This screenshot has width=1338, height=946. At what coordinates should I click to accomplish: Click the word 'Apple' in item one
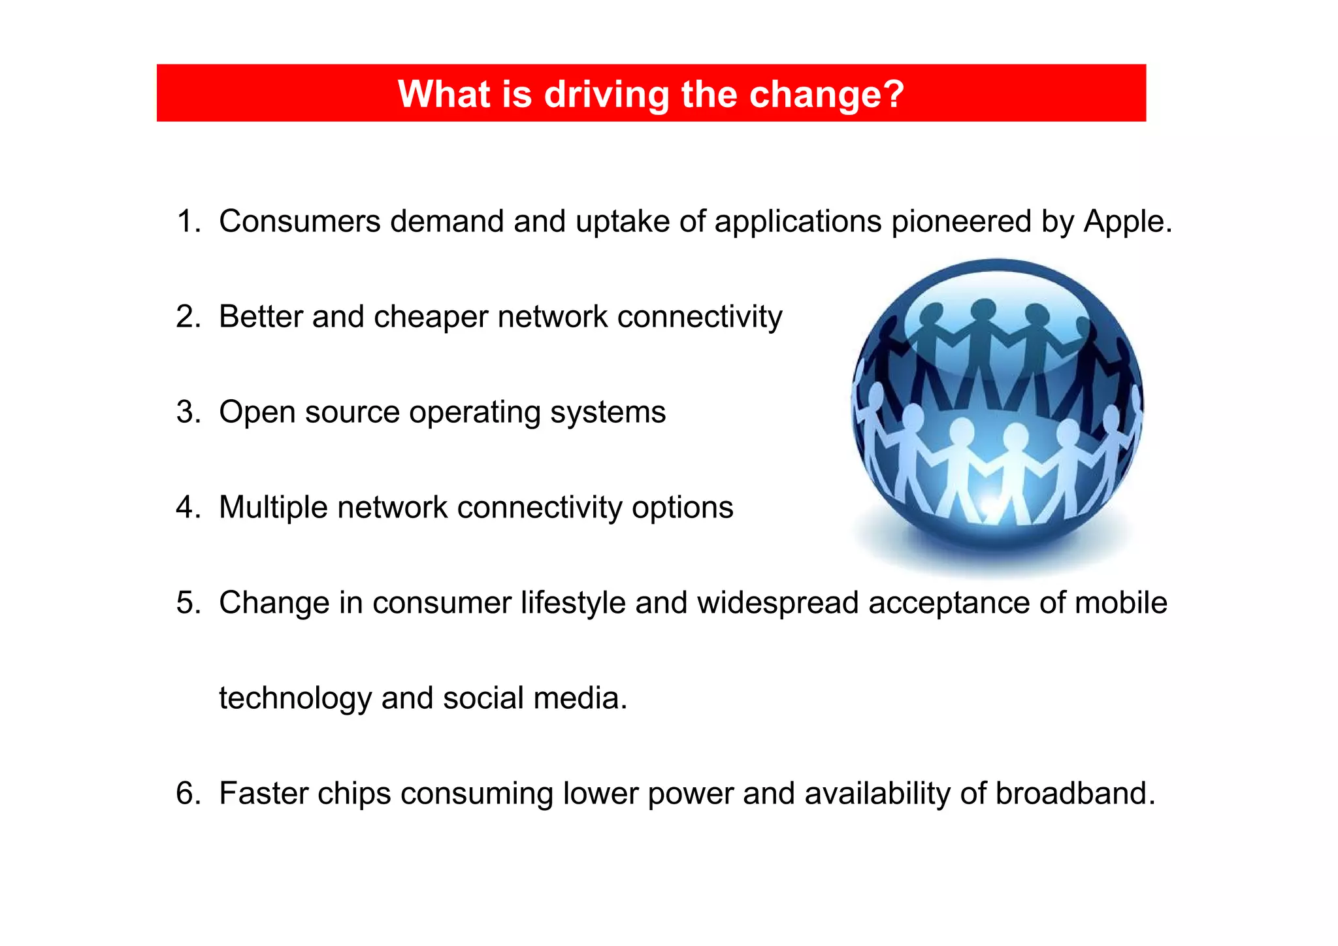coord(1123,221)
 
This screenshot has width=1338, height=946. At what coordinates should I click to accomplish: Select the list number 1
coord(187,221)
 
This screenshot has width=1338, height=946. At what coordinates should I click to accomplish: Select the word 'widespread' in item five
coord(777,602)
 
